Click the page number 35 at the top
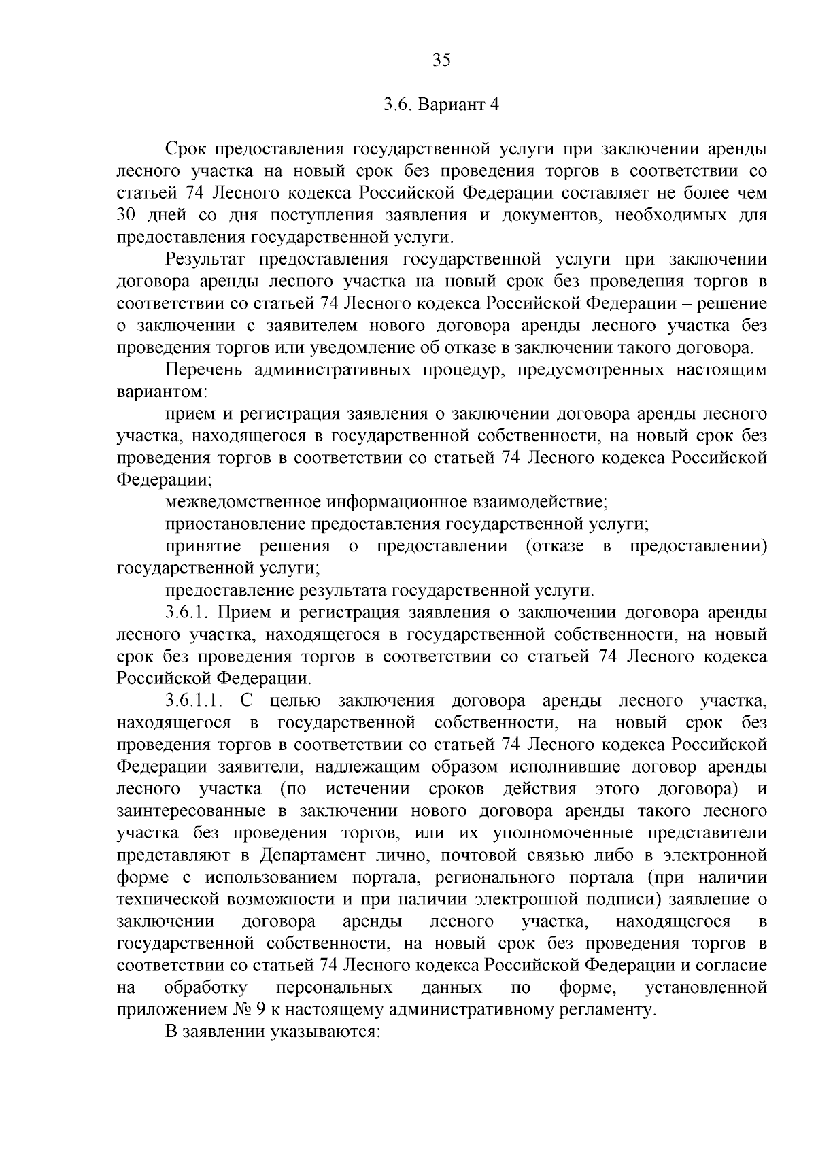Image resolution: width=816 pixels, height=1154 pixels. click(x=441, y=61)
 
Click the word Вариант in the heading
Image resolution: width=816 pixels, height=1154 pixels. click(x=449, y=105)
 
